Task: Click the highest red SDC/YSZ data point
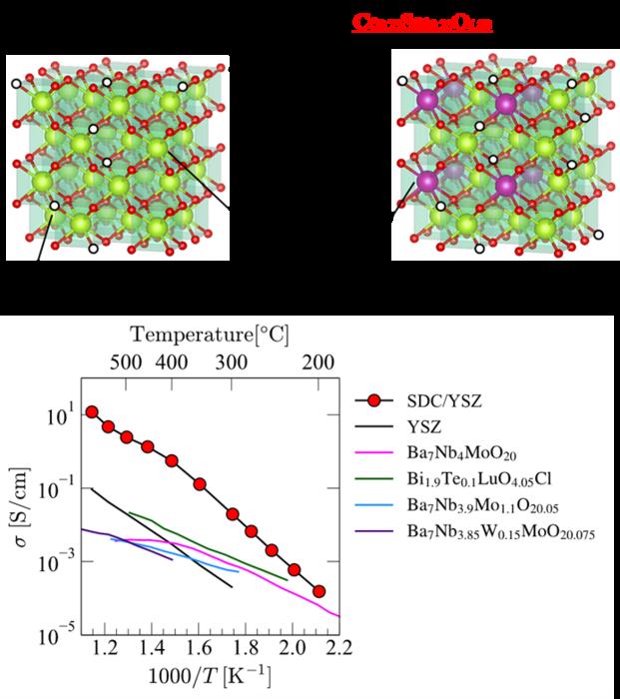point(92,411)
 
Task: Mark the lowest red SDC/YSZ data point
point(318,591)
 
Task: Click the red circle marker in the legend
point(375,402)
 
